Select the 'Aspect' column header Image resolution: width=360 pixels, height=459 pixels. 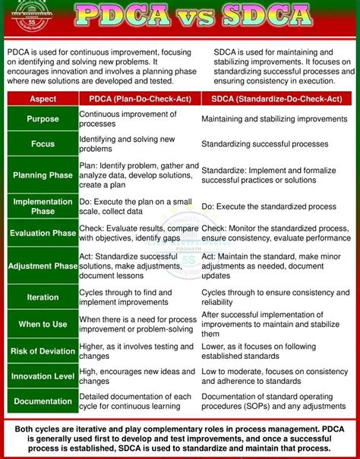tap(43, 99)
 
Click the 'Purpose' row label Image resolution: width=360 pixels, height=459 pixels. tap(43, 119)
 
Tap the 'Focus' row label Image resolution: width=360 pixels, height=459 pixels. tap(43, 144)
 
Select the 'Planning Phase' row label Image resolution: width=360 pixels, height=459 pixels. tap(43, 175)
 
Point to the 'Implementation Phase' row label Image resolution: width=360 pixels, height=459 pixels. tap(43, 206)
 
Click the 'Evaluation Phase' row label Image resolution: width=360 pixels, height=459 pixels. tap(43, 233)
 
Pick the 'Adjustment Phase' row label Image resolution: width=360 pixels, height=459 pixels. tap(43, 266)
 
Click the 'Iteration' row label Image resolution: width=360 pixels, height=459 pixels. tap(43, 297)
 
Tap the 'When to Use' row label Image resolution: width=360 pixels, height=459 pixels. tap(43, 325)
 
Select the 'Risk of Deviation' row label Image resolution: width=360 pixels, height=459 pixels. tap(43, 351)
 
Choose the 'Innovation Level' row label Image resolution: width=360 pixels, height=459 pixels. tap(43, 376)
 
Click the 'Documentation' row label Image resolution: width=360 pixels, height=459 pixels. tap(43, 401)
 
